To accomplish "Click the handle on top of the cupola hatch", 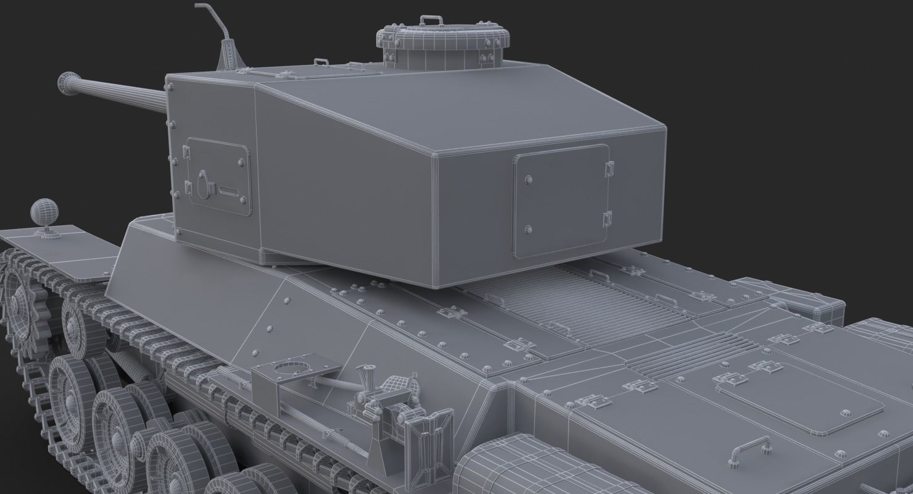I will click(x=431, y=20).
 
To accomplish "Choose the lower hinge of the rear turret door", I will click(x=607, y=219).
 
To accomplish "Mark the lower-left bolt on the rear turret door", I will click(x=528, y=230).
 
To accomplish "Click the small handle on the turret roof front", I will click(x=321, y=62).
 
